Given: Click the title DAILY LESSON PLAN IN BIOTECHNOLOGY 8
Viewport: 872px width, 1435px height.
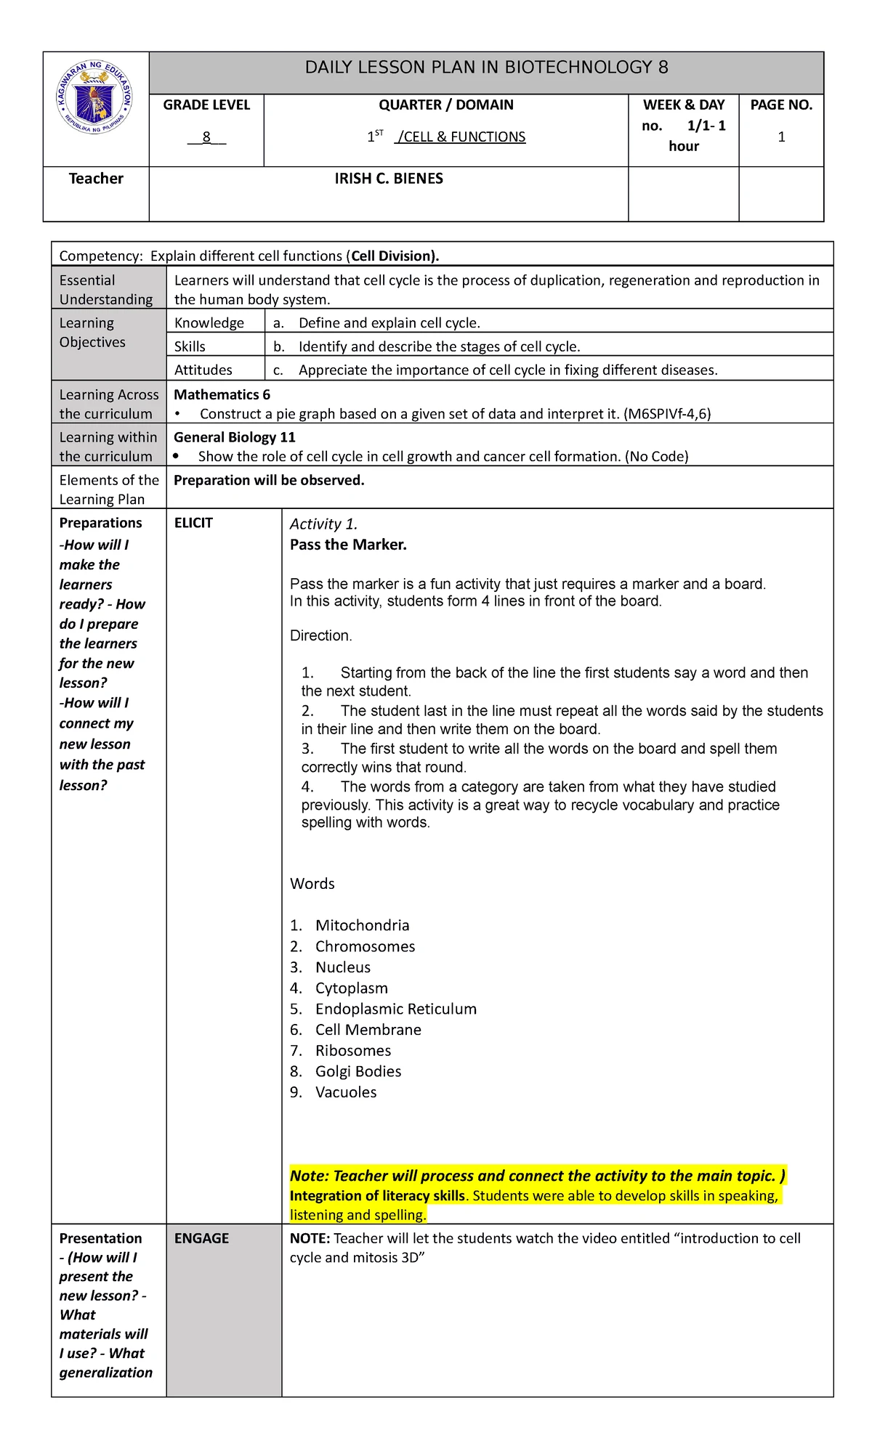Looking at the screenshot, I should pos(486,68).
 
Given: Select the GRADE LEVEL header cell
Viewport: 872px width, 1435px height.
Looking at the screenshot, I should pos(206,105).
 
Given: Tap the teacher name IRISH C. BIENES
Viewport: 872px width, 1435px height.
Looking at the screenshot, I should pos(389,179).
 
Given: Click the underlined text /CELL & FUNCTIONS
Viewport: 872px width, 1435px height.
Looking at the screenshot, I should pos(460,137).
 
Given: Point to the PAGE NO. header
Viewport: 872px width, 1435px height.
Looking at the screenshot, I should pos(781,105).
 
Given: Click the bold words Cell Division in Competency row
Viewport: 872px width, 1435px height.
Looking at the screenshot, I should pos(392,256).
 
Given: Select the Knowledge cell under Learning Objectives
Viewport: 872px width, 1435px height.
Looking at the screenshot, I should pos(209,323).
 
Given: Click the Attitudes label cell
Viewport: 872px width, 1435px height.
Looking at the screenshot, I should pos(203,370).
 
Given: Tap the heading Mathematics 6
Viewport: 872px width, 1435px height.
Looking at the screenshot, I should pos(222,394).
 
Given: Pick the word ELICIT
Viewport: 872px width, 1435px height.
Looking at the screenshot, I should pos(193,523).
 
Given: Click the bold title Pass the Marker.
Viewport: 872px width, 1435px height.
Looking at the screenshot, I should pos(348,545).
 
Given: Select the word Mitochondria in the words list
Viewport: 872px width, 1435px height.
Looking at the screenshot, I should pos(362,925).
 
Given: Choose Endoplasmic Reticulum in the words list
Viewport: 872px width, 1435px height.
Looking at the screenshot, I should pos(395,1009).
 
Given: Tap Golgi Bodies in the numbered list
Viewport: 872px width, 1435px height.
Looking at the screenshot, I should pos(358,1071).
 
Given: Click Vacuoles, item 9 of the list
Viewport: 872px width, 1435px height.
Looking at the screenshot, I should pos(346,1092).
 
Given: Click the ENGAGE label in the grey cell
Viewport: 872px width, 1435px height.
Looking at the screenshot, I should pos(201,1238).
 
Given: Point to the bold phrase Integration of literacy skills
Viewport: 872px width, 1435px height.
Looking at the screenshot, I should pos(376,1195).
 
